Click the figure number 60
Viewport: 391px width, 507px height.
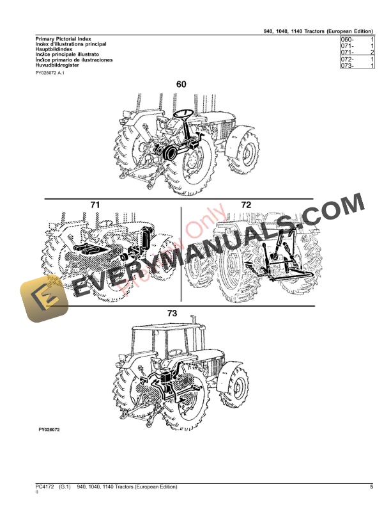(x=181, y=84)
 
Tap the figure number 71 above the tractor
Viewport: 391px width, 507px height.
(x=95, y=205)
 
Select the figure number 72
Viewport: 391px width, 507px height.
(x=246, y=205)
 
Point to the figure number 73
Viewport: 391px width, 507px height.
(x=190, y=314)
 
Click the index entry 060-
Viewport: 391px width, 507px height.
(x=348, y=39)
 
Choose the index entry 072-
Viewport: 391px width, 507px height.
(x=348, y=60)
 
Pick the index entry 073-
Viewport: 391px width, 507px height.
(x=348, y=66)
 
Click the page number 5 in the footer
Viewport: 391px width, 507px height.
(x=371, y=488)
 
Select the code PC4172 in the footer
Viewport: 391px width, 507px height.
(x=45, y=488)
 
